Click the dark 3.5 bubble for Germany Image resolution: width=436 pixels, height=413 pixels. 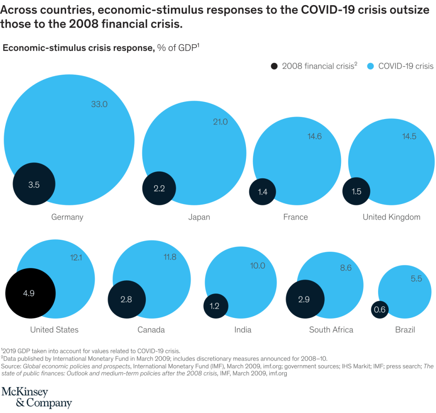(x=34, y=184)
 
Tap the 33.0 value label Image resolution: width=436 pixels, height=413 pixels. (x=99, y=104)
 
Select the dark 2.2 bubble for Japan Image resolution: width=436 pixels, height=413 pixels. (x=159, y=189)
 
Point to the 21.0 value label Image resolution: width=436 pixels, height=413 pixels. (x=220, y=122)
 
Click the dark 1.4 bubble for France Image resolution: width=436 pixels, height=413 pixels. (x=263, y=192)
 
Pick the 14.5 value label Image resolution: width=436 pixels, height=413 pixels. (x=409, y=137)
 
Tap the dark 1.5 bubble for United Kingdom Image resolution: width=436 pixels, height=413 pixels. (x=356, y=192)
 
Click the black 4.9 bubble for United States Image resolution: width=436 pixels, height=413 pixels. (x=30, y=294)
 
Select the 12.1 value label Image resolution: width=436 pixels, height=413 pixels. (x=78, y=258)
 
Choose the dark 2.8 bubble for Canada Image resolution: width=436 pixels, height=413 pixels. (x=126, y=299)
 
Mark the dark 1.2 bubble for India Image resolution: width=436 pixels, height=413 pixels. (x=215, y=306)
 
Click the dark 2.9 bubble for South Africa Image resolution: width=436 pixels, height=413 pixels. (x=304, y=299)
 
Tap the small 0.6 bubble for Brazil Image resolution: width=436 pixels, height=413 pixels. (x=379, y=310)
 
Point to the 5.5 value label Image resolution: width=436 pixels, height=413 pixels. (x=416, y=279)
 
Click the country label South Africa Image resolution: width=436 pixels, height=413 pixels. (x=331, y=329)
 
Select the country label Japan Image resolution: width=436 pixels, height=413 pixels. (x=199, y=217)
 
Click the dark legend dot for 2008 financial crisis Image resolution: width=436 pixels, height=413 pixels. (x=274, y=66)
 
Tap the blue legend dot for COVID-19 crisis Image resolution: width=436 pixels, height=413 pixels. (x=370, y=66)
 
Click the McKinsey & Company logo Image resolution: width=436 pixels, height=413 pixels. (x=37, y=397)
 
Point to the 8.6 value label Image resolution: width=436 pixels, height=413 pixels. (x=346, y=268)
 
